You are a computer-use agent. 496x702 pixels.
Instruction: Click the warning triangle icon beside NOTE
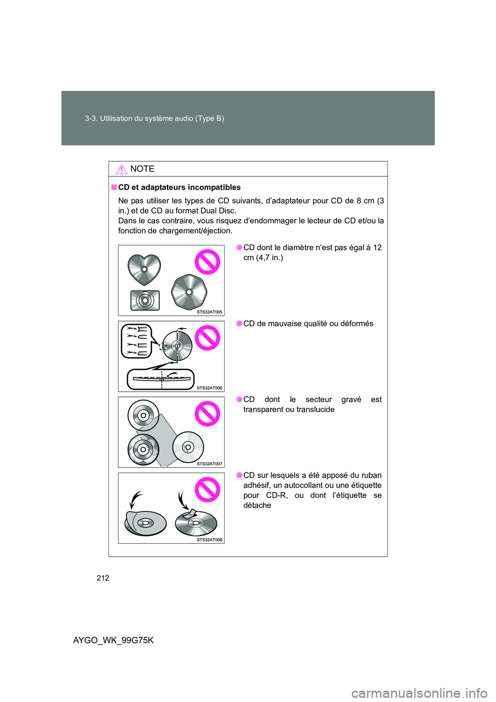(x=121, y=169)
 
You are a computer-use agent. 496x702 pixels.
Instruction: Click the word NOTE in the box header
(x=143, y=169)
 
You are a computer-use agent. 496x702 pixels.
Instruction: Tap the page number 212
(x=103, y=578)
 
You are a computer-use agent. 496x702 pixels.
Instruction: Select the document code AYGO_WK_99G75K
(x=114, y=640)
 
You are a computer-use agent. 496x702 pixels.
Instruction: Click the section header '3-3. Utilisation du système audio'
(x=154, y=118)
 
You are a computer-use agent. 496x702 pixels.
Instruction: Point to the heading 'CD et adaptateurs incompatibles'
(x=179, y=187)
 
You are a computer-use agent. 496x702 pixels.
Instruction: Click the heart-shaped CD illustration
(x=144, y=269)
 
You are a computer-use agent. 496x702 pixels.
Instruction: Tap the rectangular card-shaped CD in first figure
(x=145, y=300)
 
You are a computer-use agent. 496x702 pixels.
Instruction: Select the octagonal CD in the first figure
(x=189, y=292)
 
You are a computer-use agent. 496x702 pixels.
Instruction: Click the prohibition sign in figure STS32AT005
(x=207, y=262)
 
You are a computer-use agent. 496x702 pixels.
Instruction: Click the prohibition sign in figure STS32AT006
(x=207, y=338)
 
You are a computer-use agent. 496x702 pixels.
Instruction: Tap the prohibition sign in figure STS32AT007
(x=207, y=414)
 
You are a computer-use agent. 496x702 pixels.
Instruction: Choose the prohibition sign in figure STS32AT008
(x=207, y=490)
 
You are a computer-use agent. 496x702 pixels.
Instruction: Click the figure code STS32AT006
(x=209, y=388)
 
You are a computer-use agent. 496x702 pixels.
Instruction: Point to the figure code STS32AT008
(x=209, y=540)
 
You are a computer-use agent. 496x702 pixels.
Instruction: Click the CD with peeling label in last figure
(x=195, y=523)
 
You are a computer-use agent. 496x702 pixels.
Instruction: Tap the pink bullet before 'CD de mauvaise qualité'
(x=240, y=324)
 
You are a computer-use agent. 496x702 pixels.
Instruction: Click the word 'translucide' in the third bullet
(x=315, y=409)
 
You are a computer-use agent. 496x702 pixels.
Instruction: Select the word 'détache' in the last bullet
(x=257, y=506)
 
